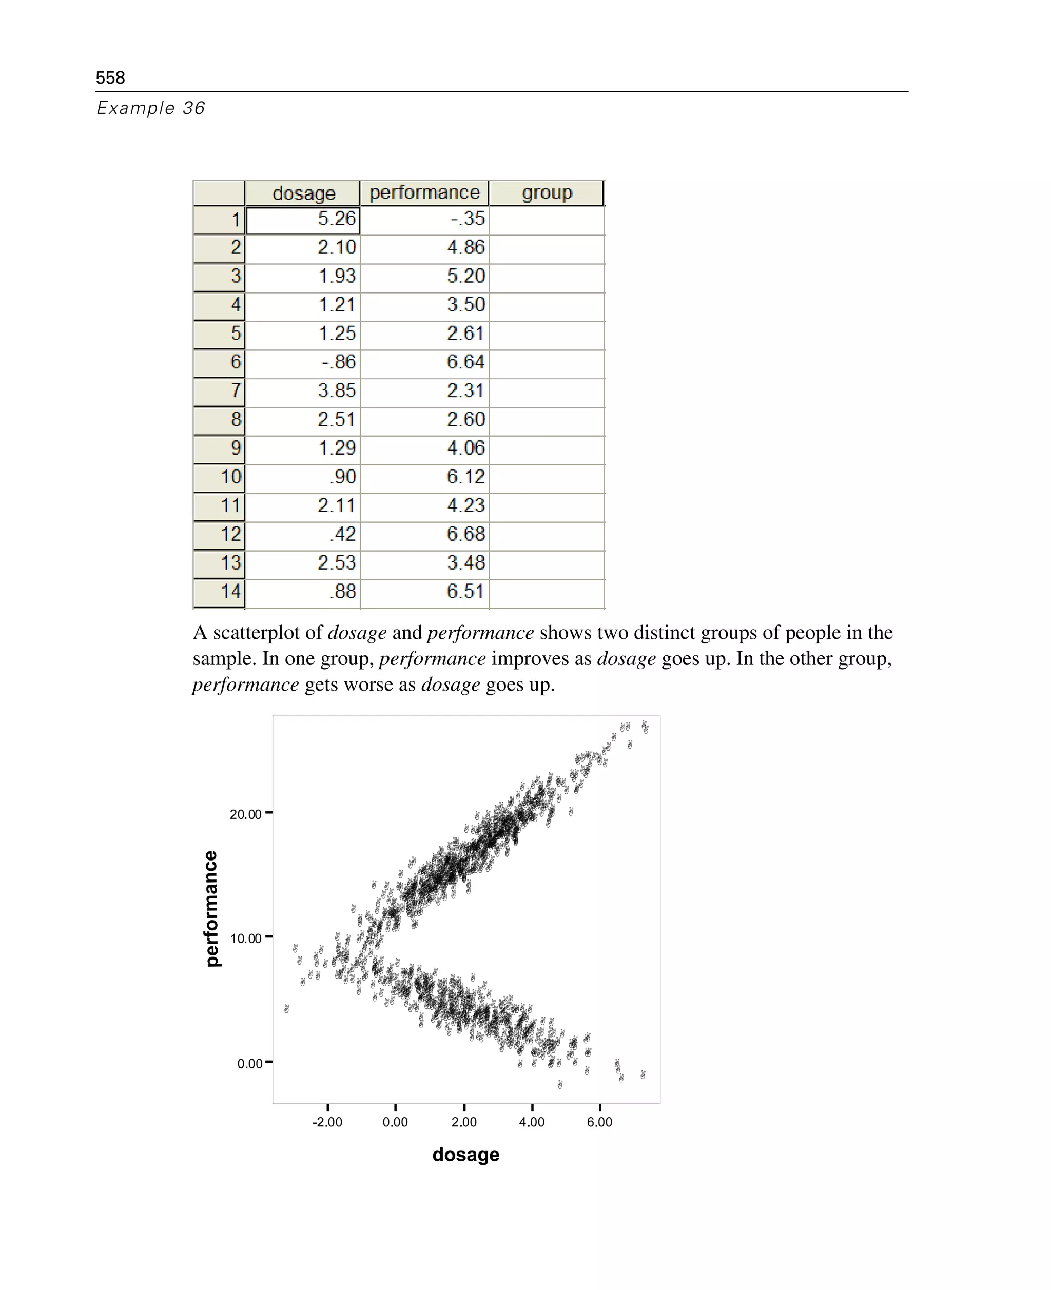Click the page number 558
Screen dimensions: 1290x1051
110,77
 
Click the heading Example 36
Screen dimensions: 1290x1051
151,108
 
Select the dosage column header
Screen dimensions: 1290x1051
303,193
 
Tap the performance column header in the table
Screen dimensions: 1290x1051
424,192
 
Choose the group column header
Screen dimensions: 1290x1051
547,192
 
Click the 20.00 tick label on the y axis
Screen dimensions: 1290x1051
245,814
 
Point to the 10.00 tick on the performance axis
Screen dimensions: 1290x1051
245,939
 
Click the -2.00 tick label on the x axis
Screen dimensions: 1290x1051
327,1122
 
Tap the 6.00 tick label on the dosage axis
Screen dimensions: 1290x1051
599,1122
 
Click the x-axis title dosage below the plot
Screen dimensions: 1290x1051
465,1155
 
